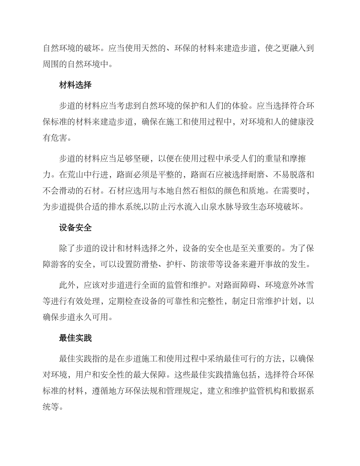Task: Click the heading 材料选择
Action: [x=75, y=85]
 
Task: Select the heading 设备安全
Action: [x=75, y=228]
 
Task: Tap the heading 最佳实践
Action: [x=75, y=338]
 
